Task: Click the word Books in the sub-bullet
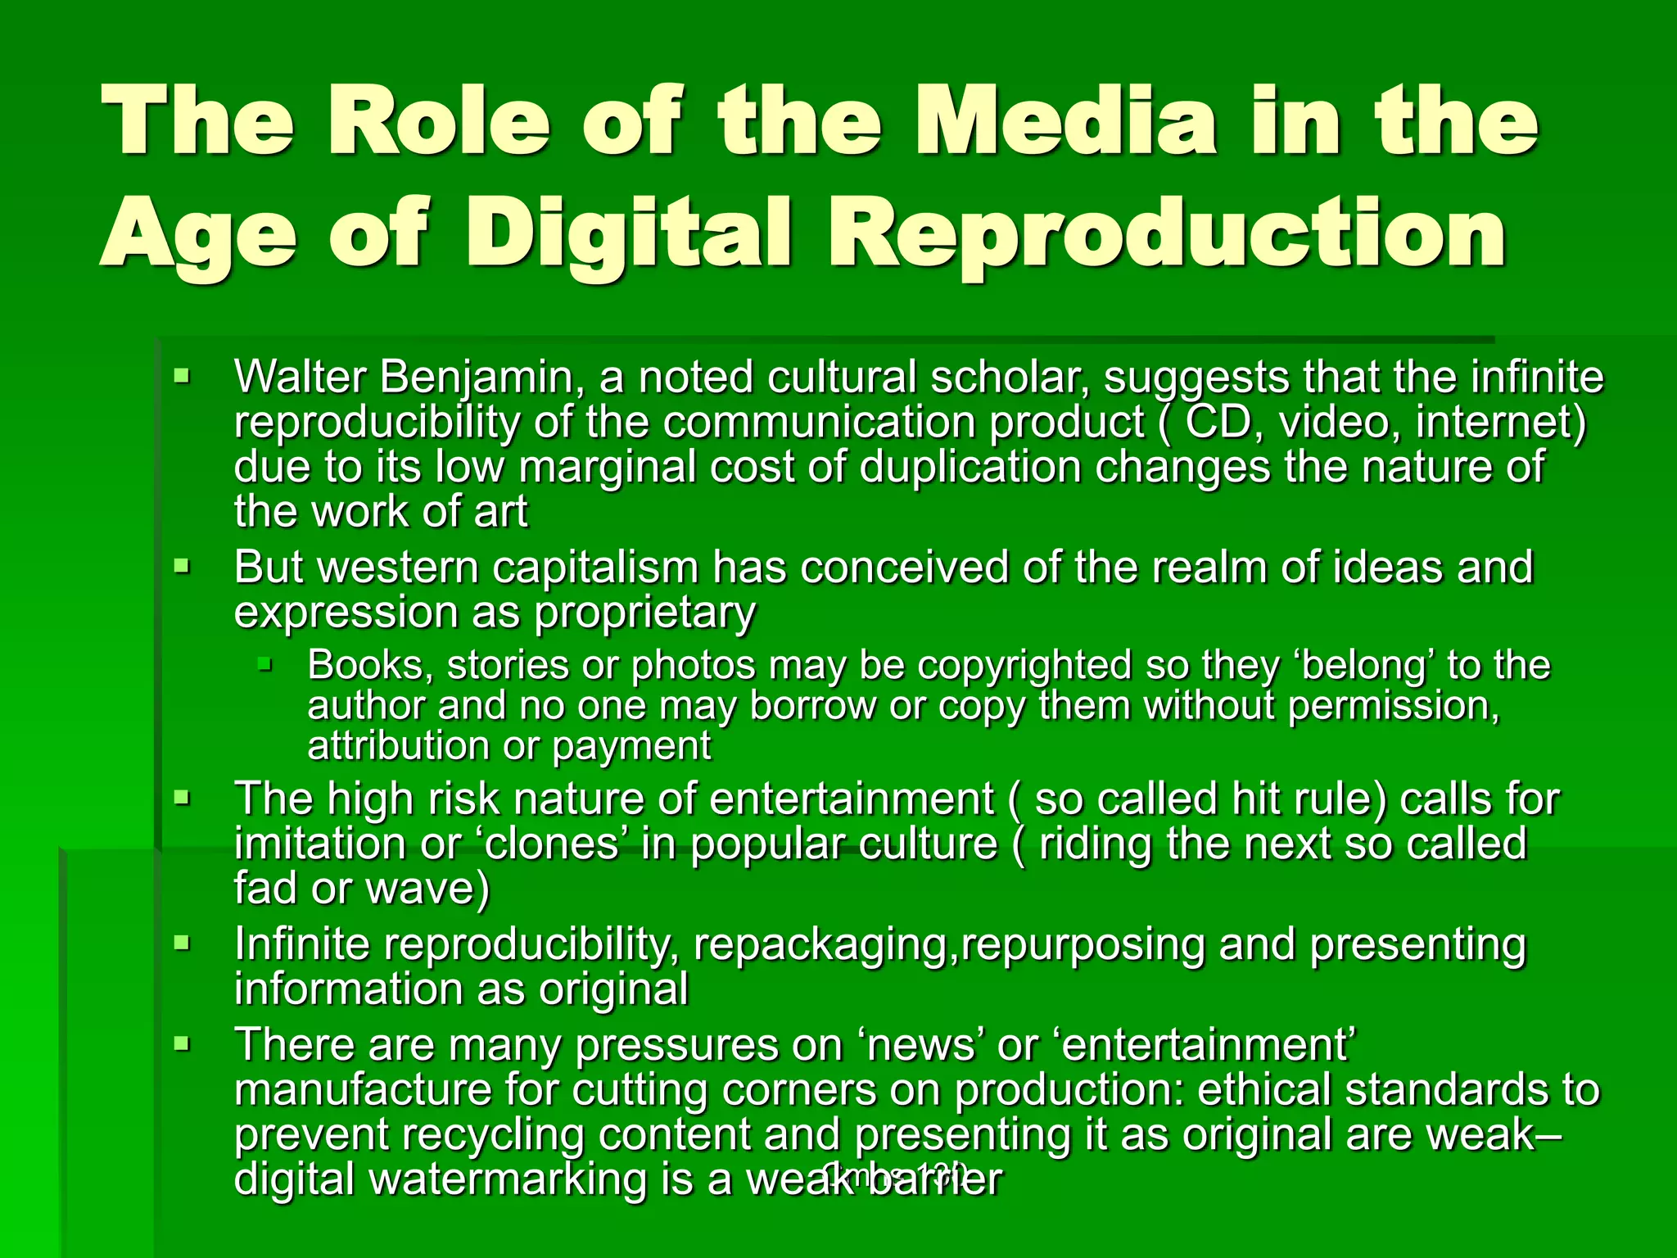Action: coord(370,665)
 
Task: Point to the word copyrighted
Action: coord(1024,665)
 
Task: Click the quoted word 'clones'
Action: coord(552,844)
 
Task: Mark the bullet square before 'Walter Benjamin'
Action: coord(181,378)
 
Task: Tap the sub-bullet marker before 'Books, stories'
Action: coord(264,663)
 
